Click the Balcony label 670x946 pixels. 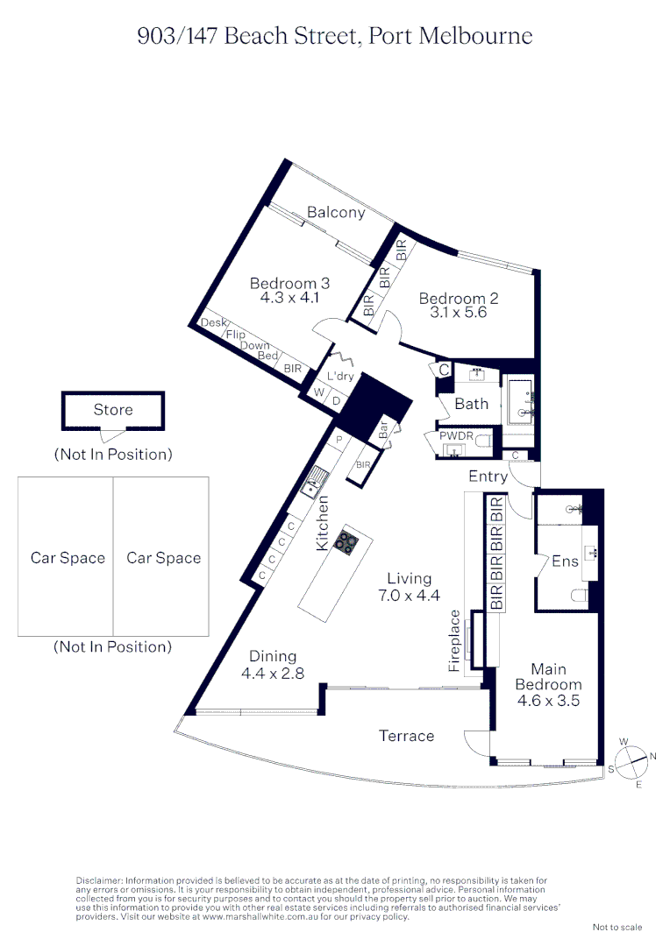[336, 212]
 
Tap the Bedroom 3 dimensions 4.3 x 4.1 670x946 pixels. [289, 298]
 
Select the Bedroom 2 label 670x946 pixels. [458, 299]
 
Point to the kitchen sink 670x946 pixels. [314, 481]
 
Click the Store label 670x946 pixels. [113, 409]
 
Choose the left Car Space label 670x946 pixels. [68, 558]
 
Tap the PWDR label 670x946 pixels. [457, 434]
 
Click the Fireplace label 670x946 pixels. [454, 641]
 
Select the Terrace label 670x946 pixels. [406, 736]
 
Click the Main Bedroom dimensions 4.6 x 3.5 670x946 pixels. [548, 701]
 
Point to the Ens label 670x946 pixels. [565, 561]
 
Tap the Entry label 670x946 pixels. [488, 477]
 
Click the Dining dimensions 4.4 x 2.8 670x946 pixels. [272, 674]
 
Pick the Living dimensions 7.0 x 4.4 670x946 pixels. [410, 596]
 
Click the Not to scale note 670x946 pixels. [617, 927]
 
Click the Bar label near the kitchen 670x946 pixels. [383, 430]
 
